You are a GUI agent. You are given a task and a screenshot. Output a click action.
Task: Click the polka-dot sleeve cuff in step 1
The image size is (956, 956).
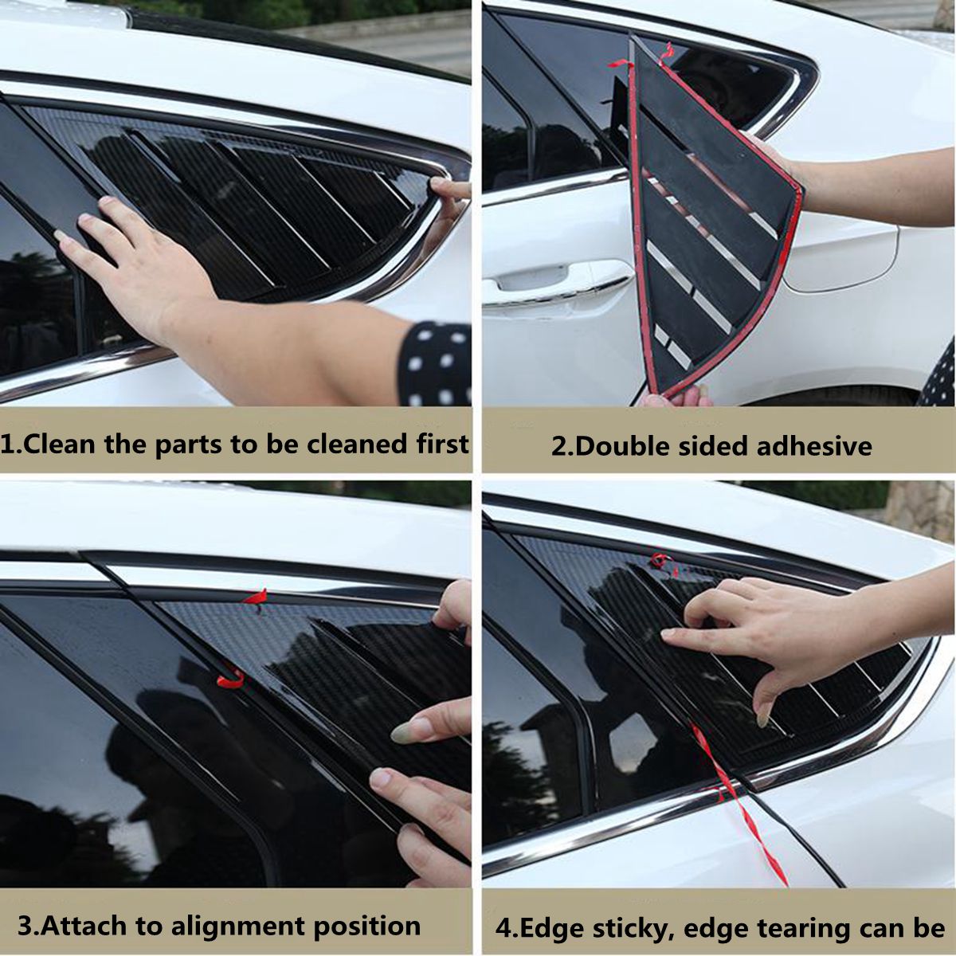coord(435,363)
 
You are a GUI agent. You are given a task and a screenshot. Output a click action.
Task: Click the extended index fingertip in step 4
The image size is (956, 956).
coord(669,634)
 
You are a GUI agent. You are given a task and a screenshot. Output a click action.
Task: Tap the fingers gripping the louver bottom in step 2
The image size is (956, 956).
coord(677,396)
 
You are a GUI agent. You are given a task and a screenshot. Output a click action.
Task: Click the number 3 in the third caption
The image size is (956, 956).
coord(25,927)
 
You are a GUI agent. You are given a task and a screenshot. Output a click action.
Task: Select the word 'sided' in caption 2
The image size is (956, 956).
coord(715,446)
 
